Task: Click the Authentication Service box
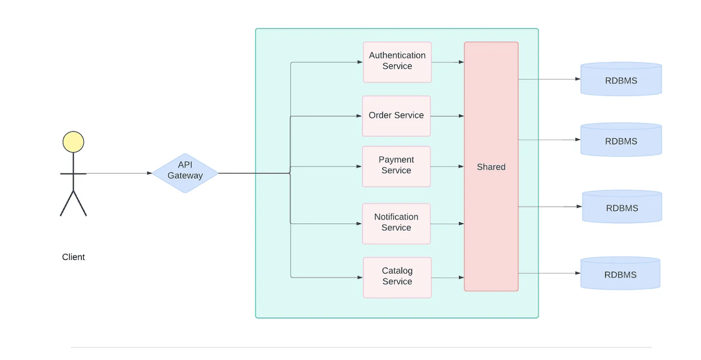tap(397, 62)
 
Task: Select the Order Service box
tap(396, 116)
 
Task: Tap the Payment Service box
tap(396, 166)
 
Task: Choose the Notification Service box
tap(396, 223)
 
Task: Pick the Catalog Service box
tap(397, 277)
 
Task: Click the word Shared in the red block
tap(491, 167)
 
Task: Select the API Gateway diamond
tap(185, 173)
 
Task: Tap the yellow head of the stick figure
tap(73, 142)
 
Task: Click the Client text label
tap(74, 257)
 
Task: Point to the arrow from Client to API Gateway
tap(119, 173)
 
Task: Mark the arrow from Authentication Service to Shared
tap(447, 62)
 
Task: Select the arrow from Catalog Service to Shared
tap(447, 277)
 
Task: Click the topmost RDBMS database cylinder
tap(621, 79)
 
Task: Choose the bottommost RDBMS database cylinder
tap(620, 274)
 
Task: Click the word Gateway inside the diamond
tap(185, 176)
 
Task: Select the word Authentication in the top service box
tap(397, 55)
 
